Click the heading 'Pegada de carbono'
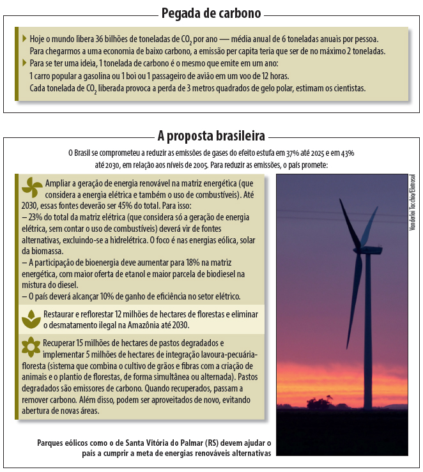pyautogui.click(x=211, y=13)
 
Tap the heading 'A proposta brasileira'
pyautogui.click(x=211, y=135)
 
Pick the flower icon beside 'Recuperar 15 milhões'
pyautogui.click(x=31, y=347)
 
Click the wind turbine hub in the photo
pyautogui.click(x=359, y=250)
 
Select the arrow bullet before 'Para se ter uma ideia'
pyautogui.click(x=24, y=63)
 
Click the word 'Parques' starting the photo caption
pyautogui.click(x=51, y=443)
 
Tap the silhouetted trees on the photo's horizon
pyautogui.click(x=323, y=402)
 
